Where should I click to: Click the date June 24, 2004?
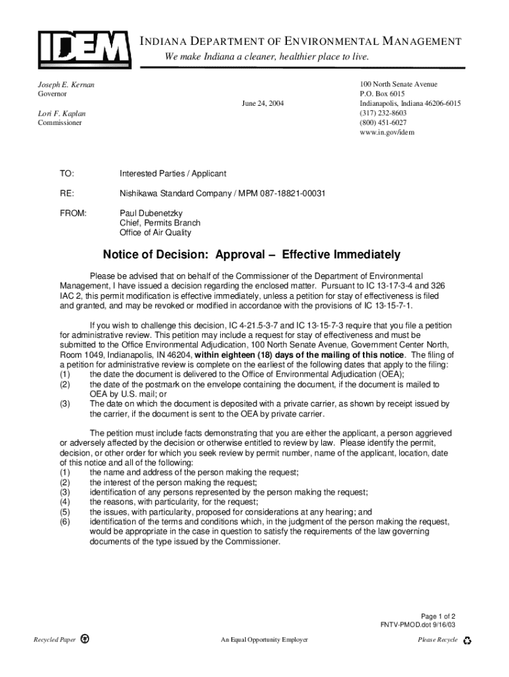[263, 104]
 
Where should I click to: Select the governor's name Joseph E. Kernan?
[65, 85]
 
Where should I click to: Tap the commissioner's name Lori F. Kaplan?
[61, 114]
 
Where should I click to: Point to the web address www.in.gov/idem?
[387, 132]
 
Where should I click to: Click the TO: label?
[67, 173]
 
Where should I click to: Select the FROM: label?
[73, 214]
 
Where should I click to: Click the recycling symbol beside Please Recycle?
[468, 640]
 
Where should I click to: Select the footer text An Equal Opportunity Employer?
[264, 640]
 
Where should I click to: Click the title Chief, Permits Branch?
[159, 223]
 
